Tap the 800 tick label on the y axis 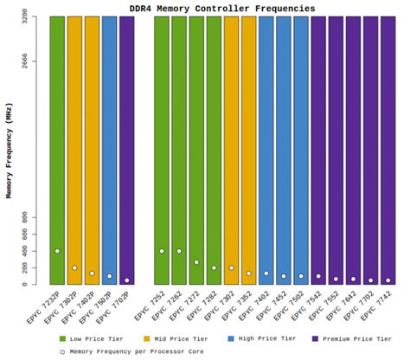click(33, 216)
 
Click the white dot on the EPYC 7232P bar click(57, 251)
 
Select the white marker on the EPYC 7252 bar click(162, 251)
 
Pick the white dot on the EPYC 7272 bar click(196, 261)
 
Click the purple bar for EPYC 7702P click(127, 147)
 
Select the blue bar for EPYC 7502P click(110, 147)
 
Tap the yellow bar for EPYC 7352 click(249, 147)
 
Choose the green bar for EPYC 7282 click(214, 147)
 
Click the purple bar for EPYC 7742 click(388, 147)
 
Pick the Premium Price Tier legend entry click(351, 338)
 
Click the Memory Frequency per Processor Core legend click(138, 351)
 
